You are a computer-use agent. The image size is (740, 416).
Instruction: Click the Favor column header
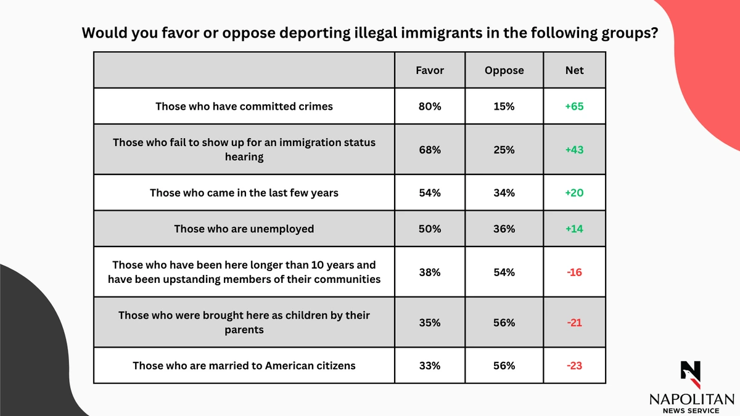(x=430, y=70)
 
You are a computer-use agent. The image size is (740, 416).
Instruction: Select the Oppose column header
(x=504, y=70)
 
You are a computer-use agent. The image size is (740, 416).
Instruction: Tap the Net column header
(x=574, y=70)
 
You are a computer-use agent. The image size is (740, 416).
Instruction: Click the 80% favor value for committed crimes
(x=430, y=106)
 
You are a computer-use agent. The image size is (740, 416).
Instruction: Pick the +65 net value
(x=574, y=106)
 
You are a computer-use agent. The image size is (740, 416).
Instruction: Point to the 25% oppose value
(x=504, y=150)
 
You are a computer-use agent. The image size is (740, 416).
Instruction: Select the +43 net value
(x=574, y=150)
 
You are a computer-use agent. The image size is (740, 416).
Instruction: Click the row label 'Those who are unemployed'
(x=244, y=229)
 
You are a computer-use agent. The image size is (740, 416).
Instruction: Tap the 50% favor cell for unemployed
(x=430, y=229)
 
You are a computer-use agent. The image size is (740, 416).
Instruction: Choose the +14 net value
(x=574, y=229)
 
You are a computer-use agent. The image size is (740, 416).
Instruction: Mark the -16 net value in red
(x=574, y=272)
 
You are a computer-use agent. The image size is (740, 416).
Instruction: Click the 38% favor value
(x=430, y=272)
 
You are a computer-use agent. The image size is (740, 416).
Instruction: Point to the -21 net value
(x=574, y=322)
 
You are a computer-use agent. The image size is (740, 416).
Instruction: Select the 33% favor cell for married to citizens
(x=430, y=365)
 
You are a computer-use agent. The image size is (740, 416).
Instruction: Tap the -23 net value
(x=574, y=365)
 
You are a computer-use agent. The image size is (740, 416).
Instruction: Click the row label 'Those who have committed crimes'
(x=244, y=106)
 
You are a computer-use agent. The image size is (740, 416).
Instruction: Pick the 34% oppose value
(x=504, y=193)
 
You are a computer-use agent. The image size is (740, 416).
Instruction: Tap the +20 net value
(x=574, y=193)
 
